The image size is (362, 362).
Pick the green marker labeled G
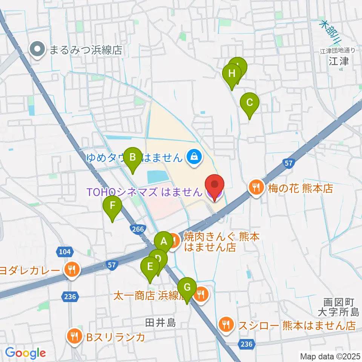(x=187, y=288)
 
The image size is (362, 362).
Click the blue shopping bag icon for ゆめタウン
(x=193, y=156)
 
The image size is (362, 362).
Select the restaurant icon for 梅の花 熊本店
(x=256, y=187)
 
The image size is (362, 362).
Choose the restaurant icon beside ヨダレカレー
(x=71, y=270)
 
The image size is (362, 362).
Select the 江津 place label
(x=339, y=61)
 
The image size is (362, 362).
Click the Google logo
(x=25, y=353)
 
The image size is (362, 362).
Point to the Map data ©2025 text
(x=330, y=356)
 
